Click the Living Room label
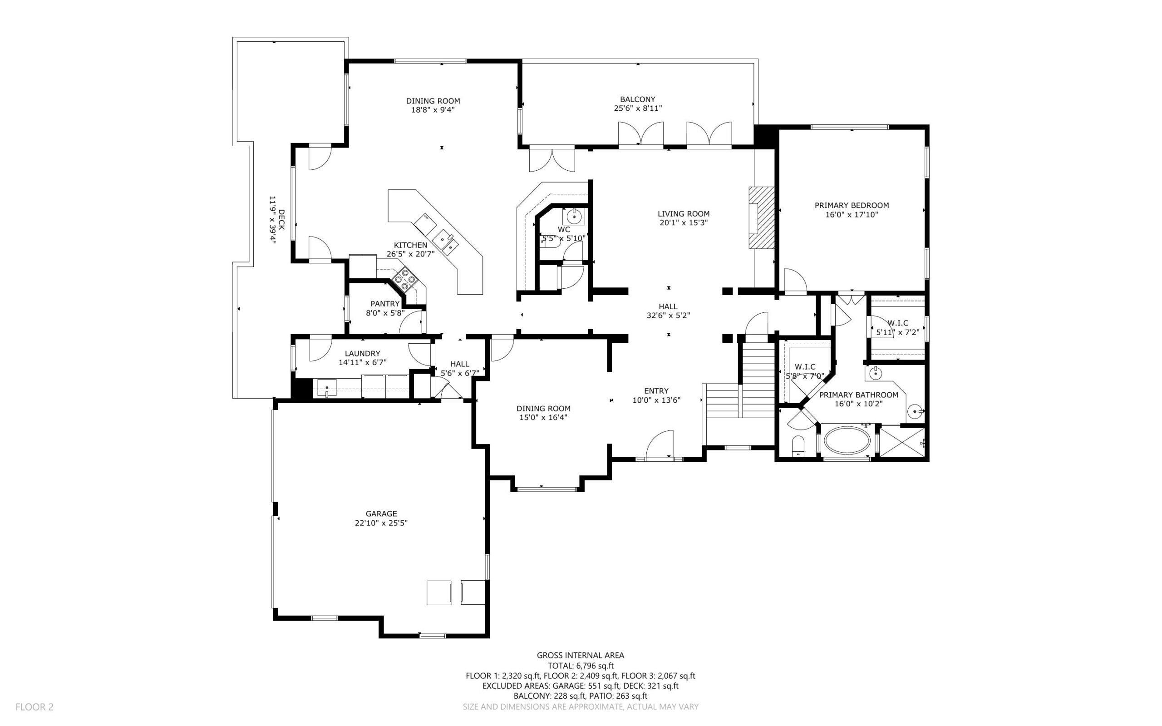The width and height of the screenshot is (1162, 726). [x=683, y=214]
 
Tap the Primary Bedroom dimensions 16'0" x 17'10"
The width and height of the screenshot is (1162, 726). [x=852, y=215]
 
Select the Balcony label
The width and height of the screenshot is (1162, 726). [x=637, y=99]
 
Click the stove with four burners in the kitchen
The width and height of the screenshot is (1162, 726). [x=405, y=279]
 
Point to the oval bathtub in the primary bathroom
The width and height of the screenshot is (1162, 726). [x=847, y=440]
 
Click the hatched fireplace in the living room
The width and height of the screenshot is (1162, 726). [x=761, y=217]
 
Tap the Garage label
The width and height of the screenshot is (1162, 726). [x=381, y=514]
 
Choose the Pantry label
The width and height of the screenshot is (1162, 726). [x=384, y=303]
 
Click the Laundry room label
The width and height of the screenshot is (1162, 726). [x=362, y=353]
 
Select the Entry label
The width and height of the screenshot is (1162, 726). [x=656, y=391]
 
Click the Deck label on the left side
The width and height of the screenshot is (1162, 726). [x=281, y=219]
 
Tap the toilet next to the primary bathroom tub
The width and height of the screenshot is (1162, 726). [x=798, y=446]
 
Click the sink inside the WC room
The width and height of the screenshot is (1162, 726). [x=574, y=217]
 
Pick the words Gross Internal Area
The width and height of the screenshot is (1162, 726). [x=580, y=655]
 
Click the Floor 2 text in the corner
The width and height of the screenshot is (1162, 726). [x=34, y=707]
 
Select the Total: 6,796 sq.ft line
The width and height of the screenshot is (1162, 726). [x=581, y=666]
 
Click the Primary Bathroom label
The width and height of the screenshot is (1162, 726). [x=858, y=395]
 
